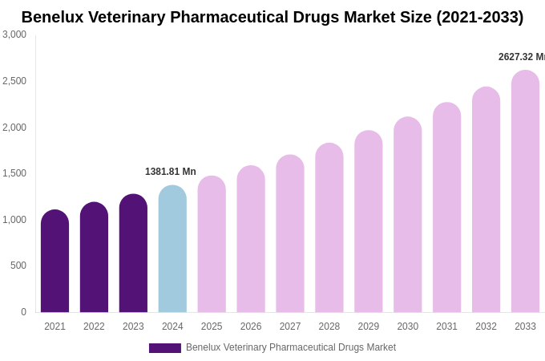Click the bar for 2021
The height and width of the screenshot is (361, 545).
(x=54, y=262)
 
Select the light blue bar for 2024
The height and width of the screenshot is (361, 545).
(x=172, y=249)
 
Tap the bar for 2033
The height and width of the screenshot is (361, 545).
(x=525, y=192)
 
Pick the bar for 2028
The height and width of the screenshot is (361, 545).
(x=329, y=228)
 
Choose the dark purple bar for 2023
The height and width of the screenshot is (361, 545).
(x=133, y=254)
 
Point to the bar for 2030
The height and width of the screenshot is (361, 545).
(x=407, y=215)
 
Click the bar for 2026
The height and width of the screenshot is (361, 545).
(x=251, y=239)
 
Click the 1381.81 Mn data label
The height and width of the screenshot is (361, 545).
(x=171, y=172)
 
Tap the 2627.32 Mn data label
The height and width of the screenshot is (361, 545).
(x=521, y=57)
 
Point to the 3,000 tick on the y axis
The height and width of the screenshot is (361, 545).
(x=14, y=34)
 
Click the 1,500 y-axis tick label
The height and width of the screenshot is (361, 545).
(x=14, y=173)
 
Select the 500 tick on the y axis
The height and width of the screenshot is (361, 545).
(x=18, y=266)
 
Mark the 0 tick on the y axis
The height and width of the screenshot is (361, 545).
(x=23, y=312)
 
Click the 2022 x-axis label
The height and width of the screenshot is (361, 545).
(x=94, y=327)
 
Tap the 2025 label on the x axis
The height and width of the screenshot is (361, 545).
(x=212, y=327)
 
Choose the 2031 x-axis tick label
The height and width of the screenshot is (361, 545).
(x=446, y=327)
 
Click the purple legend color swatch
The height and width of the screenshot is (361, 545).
(x=165, y=348)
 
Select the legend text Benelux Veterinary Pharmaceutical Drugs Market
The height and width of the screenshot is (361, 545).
(x=291, y=347)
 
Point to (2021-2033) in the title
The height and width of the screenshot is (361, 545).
(x=479, y=17)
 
